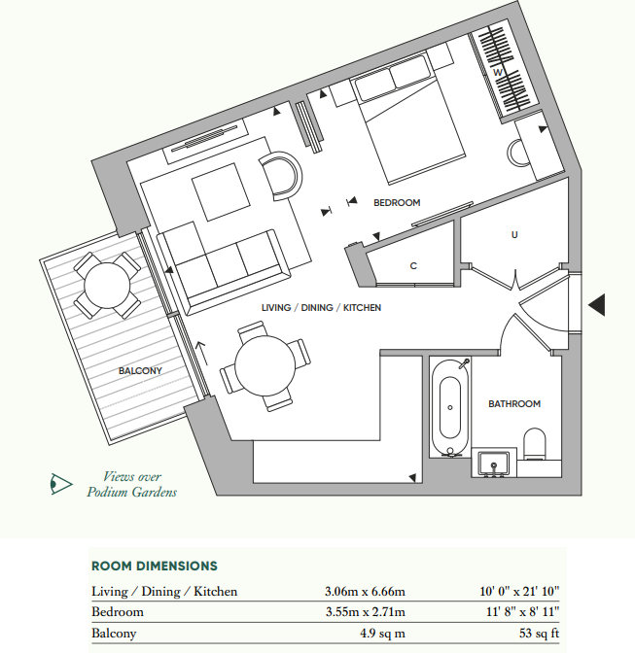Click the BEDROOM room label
tap(397, 203)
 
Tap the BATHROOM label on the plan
tap(513, 403)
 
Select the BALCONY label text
tap(140, 370)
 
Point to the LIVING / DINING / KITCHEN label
tap(321, 307)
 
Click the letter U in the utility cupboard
tap(513, 234)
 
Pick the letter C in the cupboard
tap(413, 265)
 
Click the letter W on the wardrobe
tap(496, 72)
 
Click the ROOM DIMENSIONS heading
tap(154, 566)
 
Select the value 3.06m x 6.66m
tap(366, 591)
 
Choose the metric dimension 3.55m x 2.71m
tap(366, 612)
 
